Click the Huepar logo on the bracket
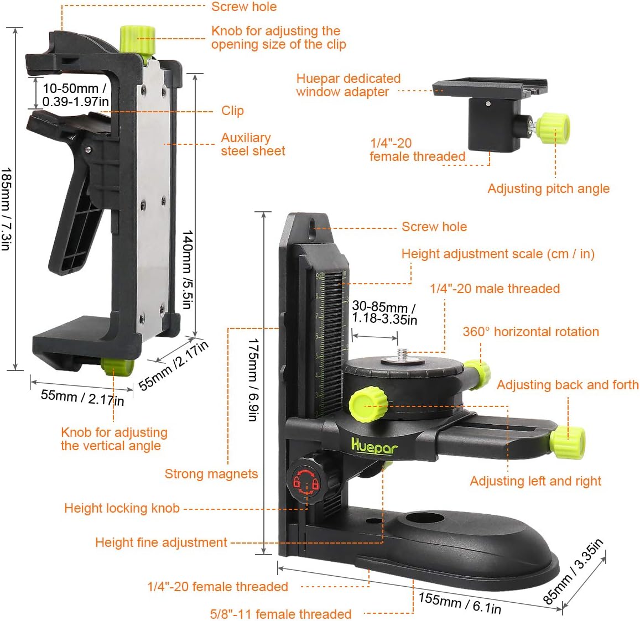click(374, 446)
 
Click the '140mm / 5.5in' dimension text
click(188, 269)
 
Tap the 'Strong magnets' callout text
click(211, 474)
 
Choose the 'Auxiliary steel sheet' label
click(253, 144)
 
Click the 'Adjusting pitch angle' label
click(548, 189)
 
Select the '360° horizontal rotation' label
click(530, 332)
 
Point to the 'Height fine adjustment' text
click(161, 542)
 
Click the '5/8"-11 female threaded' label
click(280, 614)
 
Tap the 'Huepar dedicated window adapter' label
click(348, 85)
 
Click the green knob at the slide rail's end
click(568, 442)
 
